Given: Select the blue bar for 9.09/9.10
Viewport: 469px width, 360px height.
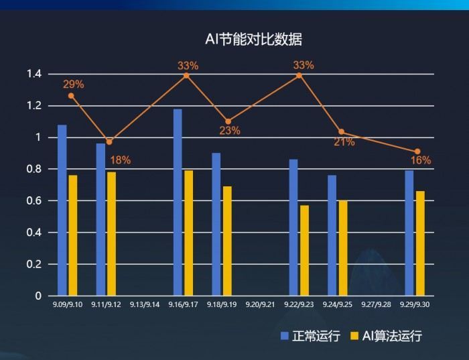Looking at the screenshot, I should (x=62, y=210).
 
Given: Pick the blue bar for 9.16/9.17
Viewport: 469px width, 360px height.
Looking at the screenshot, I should (x=178, y=202).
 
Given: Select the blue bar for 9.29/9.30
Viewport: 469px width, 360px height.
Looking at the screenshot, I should (x=409, y=233).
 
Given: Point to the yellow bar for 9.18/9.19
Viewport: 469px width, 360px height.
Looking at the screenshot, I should (x=227, y=241).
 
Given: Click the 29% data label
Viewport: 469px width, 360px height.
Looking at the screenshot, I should (x=74, y=84).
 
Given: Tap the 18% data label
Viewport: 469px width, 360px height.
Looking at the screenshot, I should (x=121, y=160).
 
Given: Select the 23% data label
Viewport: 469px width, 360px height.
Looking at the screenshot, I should (x=230, y=131).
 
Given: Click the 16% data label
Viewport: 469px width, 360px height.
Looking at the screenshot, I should (x=421, y=160).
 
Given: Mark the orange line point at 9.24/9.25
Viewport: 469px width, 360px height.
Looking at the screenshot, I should (x=341, y=132).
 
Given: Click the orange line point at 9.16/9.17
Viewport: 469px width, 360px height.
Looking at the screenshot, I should (x=186, y=75).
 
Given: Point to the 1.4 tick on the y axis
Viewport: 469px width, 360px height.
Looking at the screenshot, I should (x=34, y=74).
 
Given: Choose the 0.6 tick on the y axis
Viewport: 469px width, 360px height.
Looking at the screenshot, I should (x=34, y=200).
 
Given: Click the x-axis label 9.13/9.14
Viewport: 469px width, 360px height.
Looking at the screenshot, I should (x=145, y=304).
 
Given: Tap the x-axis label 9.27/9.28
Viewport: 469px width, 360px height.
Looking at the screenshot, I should (x=376, y=304).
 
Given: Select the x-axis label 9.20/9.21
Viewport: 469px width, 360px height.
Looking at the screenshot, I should (x=260, y=304).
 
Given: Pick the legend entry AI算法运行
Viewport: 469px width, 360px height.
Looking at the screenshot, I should (x=387, y=336).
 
